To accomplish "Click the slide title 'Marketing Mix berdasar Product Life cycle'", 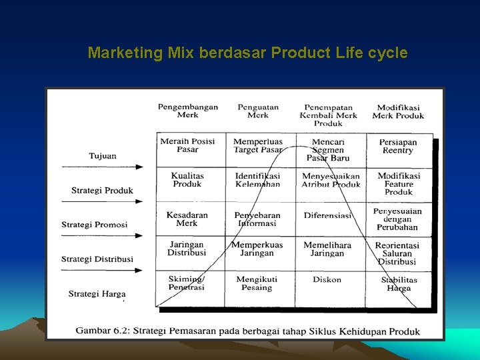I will click(247, 53).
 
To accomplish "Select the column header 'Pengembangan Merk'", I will click(188, 111).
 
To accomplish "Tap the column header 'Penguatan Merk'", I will click(258, 111).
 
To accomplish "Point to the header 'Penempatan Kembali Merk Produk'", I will click(328, 115).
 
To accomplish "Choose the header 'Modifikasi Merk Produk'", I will click(398, 111).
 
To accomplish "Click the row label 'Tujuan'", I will click(102, 156).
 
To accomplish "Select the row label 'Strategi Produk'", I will click(102, 191).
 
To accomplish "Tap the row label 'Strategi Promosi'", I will click(94, 225).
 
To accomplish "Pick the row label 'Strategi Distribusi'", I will click(97, 259).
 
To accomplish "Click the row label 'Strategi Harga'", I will click(97, 293).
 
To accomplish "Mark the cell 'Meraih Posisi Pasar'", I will click(187, 145).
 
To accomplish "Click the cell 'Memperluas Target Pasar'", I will click(258, 145).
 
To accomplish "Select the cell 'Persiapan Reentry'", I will click(398, 146).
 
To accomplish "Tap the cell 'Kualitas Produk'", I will click(187, 180).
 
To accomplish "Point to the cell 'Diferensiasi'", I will click(327, 215).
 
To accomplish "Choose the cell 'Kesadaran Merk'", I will click(187, 219).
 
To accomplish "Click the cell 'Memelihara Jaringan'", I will click(327, 249).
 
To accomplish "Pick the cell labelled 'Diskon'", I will click(327, 279).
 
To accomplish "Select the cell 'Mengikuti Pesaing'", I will click(257, 283).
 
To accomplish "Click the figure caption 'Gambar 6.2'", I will click(247, 331).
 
